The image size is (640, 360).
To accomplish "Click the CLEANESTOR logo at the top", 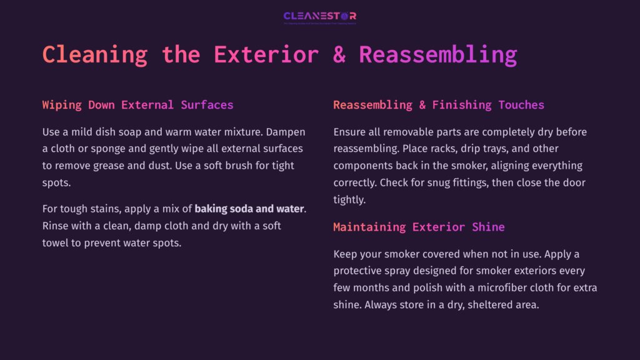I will coord(319,17).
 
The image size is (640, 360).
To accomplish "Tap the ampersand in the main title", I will coord(339,54).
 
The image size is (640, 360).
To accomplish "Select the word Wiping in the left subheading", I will coord(62,105).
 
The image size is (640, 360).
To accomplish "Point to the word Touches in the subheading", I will coord(521,105).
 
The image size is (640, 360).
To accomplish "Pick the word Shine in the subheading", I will coord(488,227).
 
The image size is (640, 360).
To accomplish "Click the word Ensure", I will coord(350,132).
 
